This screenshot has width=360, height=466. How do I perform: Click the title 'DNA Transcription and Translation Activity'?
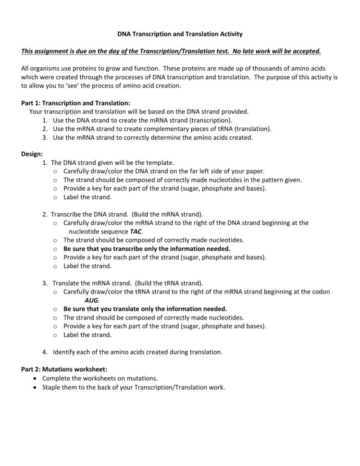[180, 34]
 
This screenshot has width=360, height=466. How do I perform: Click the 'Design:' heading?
[32, 154]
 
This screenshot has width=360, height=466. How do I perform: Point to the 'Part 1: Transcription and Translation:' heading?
[75, 103]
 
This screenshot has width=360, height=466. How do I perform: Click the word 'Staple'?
[52, 387]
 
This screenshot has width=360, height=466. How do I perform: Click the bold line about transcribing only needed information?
[147, 249]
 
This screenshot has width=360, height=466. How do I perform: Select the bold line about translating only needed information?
[145, 309]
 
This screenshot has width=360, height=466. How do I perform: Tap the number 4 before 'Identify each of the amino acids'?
[44, 352]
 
